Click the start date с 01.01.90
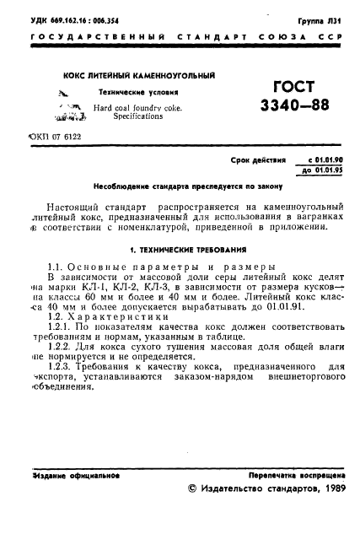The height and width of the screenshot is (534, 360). coord(317,159)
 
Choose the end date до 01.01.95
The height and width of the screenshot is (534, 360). coord(316,170)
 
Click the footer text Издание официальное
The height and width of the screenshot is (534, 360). coord(75,475)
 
